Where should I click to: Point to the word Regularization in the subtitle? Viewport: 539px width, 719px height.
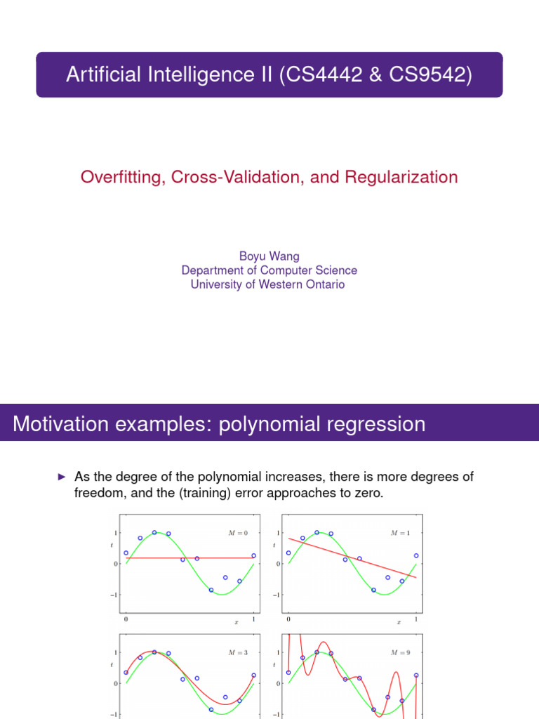(x=400, y=177)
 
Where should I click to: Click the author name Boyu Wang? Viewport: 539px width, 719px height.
(x=269, y=256)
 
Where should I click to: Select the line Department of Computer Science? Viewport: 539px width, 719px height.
(x=269, y=270)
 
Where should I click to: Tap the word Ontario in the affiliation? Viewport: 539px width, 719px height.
(x=322, y=284)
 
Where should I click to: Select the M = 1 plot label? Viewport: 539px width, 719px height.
(x=399, y=534)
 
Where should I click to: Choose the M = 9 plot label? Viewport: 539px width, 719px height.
(x=399, y=653)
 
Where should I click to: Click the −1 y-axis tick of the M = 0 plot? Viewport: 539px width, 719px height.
(x=115, y=595)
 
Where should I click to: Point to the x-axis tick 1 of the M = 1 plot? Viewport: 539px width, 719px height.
(x=416, y=620)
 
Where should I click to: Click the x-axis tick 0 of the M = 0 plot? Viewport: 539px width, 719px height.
(x=126, y=620)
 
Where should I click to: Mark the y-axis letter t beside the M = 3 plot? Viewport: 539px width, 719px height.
(x=112, y=664)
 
